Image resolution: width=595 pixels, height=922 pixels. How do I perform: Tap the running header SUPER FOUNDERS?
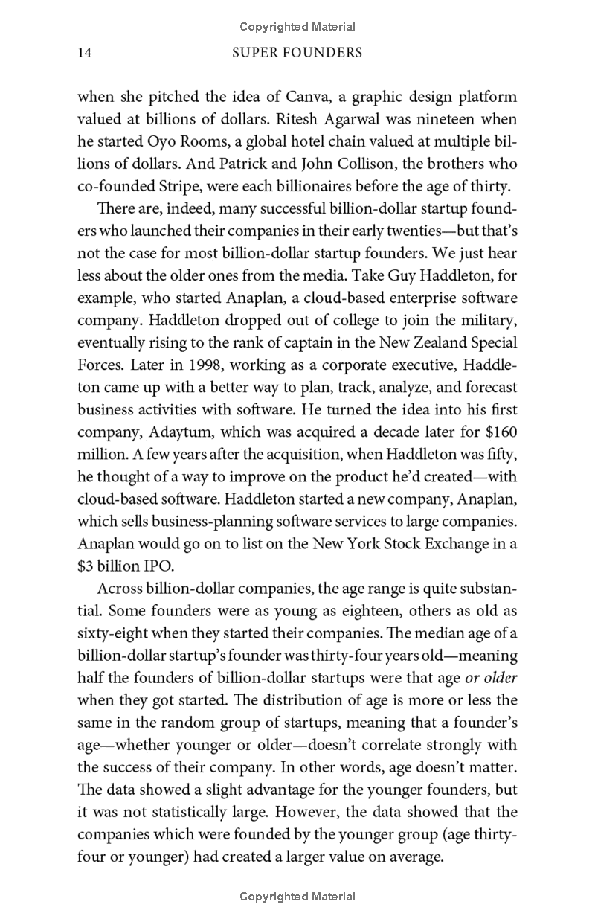(297, 54)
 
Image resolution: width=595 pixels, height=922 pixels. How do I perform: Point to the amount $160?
(498, 432)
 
